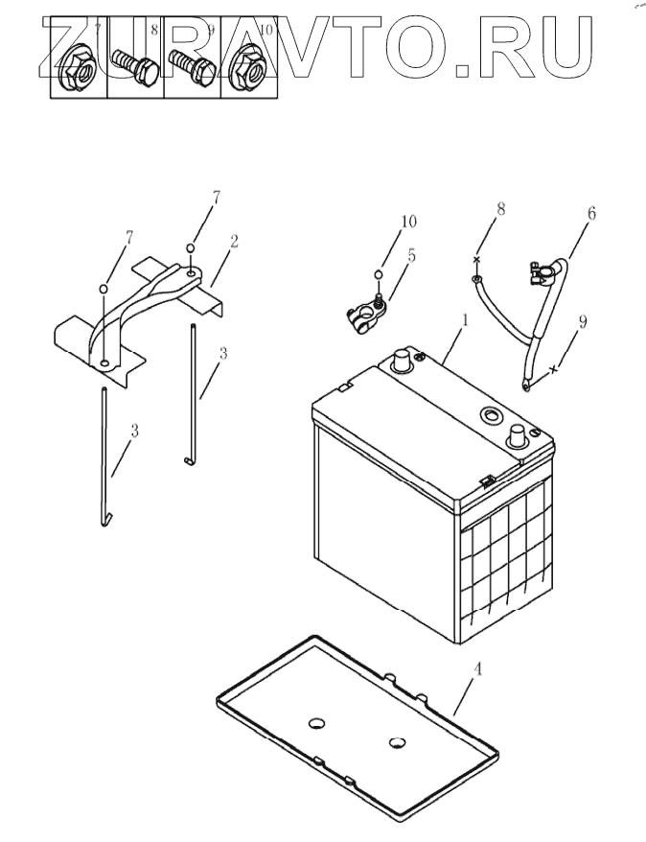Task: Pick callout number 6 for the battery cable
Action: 591,215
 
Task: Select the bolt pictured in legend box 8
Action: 134,68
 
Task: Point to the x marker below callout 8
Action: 475,259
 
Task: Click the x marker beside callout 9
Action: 555,369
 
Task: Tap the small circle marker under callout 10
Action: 381,275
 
